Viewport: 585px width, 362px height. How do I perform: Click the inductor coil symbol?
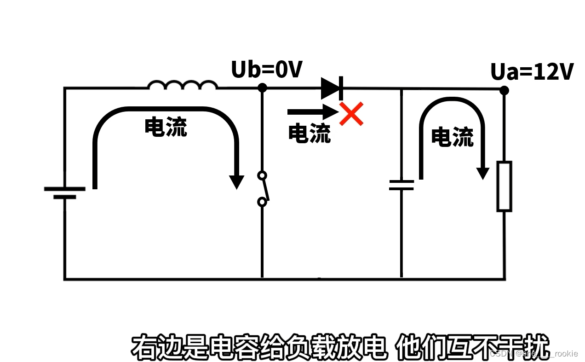point(182,85)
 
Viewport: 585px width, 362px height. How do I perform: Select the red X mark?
point(352,114)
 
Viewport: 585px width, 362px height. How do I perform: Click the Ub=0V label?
point(267,70)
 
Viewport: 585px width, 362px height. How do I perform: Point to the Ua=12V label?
point(532,72)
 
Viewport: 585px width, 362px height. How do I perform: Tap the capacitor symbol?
point(401,185)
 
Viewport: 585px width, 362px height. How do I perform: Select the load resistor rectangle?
point(505,186)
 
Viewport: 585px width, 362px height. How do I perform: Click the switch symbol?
point(263,188)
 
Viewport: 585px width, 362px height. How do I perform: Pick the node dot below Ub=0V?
point(262,88)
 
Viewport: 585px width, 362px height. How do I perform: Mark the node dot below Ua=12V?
point(505,90)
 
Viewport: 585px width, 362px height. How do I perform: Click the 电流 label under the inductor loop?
point(166,127)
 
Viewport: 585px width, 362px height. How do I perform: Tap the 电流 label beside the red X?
point(309,133)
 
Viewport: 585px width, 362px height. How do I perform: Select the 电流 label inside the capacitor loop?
point(452,137)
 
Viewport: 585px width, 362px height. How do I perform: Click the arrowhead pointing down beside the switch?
point(236,182)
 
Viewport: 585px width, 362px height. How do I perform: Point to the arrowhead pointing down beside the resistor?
point(482,173)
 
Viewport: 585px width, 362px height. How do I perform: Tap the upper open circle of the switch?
point(262,175)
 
